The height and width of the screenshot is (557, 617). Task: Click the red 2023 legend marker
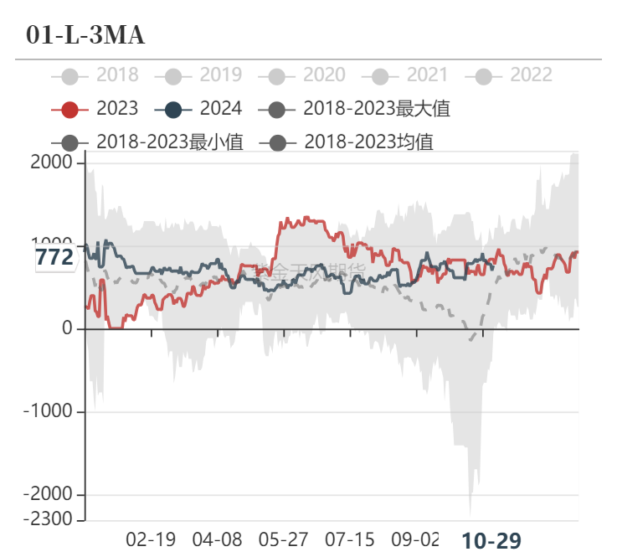click(70, 109)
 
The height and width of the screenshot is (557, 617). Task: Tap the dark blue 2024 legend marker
click(174, 109)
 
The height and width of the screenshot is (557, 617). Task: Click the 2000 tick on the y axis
click(52, 162)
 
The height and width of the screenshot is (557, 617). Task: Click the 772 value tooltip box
click(54, 257)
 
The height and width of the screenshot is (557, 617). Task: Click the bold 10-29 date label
click(491, 541)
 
